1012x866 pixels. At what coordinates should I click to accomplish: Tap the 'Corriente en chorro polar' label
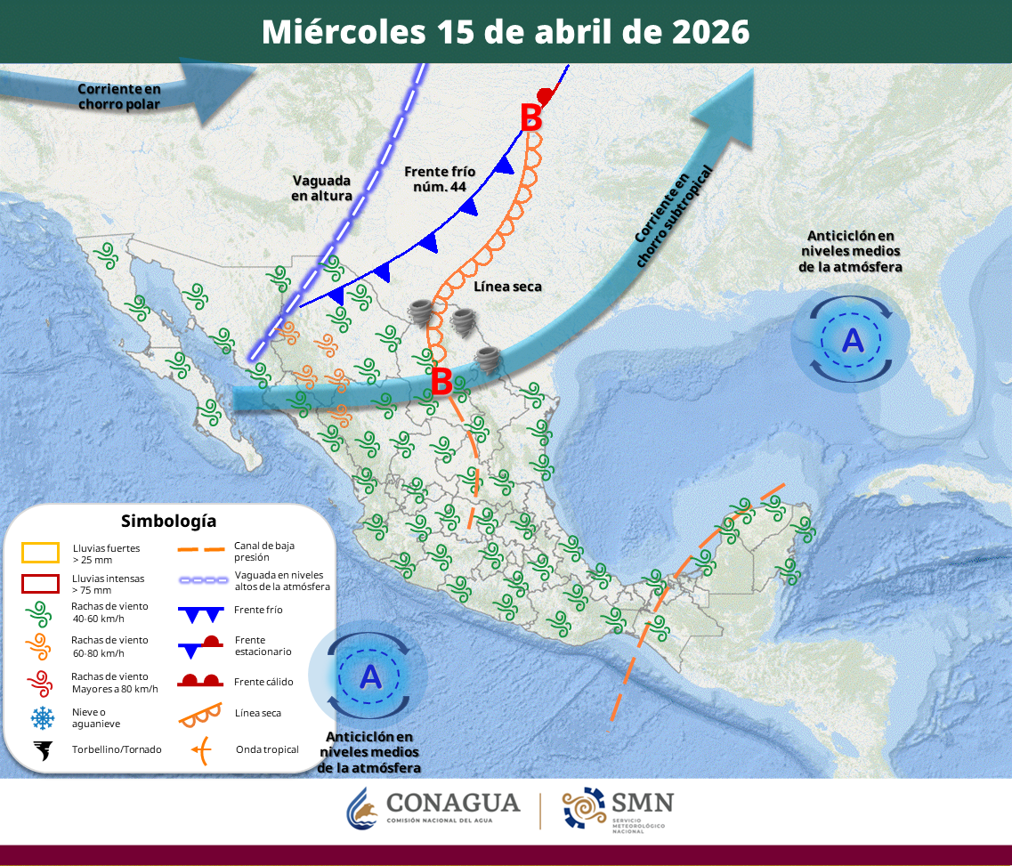coord(118,96)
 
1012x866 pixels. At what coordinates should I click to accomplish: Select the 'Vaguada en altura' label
coord(322,188)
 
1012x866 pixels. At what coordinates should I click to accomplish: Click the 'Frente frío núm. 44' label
coord(440,179)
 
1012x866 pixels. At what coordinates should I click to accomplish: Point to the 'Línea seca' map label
coord(507,287)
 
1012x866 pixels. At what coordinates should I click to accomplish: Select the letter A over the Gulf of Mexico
coord(852,339)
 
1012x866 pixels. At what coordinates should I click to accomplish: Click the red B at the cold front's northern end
coord(530,118)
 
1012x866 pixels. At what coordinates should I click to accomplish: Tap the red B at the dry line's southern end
coord(441,381)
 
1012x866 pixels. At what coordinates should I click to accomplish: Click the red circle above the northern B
coord(546,95)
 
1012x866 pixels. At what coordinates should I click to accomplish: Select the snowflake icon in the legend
coord(42,717)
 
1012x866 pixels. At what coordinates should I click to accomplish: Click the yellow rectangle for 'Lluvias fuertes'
coord(40,553)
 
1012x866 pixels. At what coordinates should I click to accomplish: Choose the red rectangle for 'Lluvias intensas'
coord(40,584)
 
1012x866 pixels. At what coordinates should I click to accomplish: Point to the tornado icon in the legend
coord(42,750)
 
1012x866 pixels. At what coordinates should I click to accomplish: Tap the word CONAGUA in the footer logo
coord(453,803)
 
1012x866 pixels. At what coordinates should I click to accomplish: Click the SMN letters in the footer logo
coord(642,802)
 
